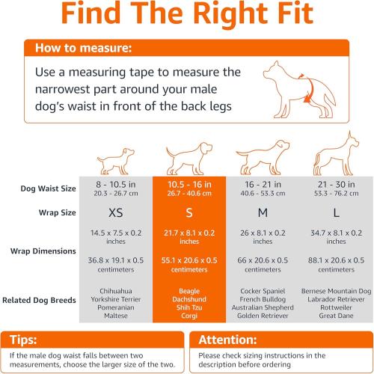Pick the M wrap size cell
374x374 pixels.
tap(263, 212)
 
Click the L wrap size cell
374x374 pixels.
tap(335, 212)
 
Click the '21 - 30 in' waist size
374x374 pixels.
tap(335, 184)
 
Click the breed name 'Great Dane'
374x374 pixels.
tap(335, 315)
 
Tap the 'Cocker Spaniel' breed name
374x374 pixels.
tap(263, 290)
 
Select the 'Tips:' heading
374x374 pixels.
tap(28, 338)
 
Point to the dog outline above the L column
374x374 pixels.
tap(335, 154)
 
